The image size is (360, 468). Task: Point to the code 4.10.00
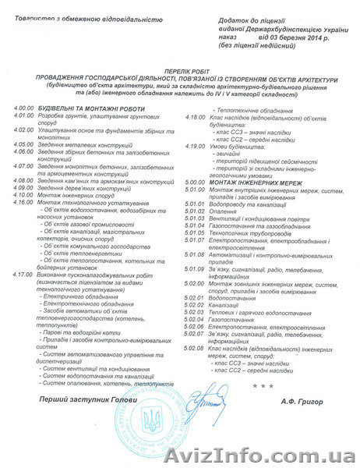pos(15,203)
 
